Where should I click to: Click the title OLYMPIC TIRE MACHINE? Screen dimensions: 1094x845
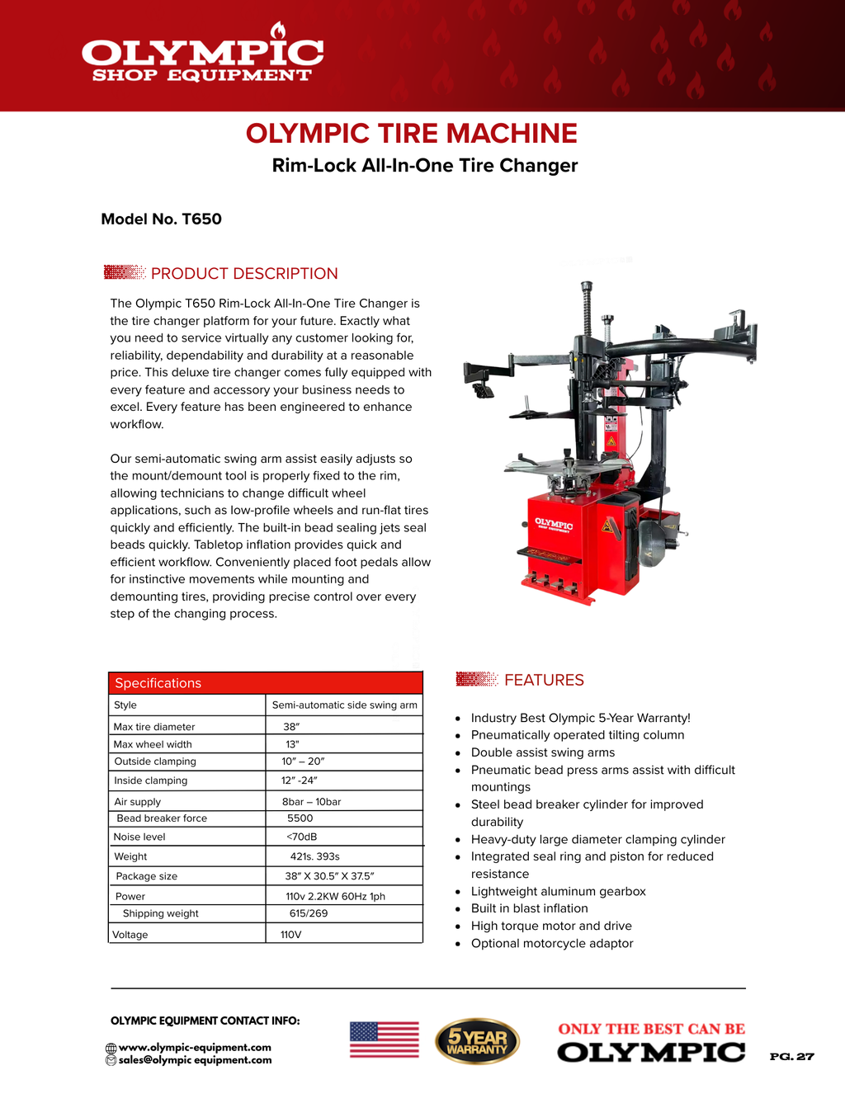click(x=411, y=134)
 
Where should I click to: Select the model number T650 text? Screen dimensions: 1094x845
click(x=161, y=219)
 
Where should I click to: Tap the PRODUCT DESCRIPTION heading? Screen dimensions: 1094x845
click(x=243, y=274)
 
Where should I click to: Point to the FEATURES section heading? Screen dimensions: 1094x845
click(x=543, y=681)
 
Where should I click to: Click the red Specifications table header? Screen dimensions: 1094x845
click(x=265, y=683)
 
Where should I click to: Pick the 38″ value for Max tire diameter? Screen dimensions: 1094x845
click(x=291, y=727)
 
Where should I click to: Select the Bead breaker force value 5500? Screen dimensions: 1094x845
click(x=300, y=818)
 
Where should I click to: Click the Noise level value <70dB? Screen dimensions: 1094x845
click(x=301, y=837)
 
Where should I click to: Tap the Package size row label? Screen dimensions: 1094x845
click(x=146, y=876)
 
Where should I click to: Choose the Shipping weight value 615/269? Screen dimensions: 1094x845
click(x=308, y=913)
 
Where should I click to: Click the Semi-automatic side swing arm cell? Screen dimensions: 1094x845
click(x=344, y=705)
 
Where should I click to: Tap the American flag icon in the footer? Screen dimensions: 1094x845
click(x=384, y=1040)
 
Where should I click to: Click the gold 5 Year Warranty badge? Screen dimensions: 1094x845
click(x=477, y=1041)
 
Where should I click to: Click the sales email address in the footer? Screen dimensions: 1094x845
click(x=195, y=1060)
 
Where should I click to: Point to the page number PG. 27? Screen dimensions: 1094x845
click(x=791, y=1057)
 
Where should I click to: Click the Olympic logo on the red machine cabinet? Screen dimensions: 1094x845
click(x=553, y=525)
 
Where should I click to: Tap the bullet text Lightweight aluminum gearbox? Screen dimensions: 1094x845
click(x=558, y=892)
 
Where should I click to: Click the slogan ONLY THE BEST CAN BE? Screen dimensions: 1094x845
click(x=651, y=1029)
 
